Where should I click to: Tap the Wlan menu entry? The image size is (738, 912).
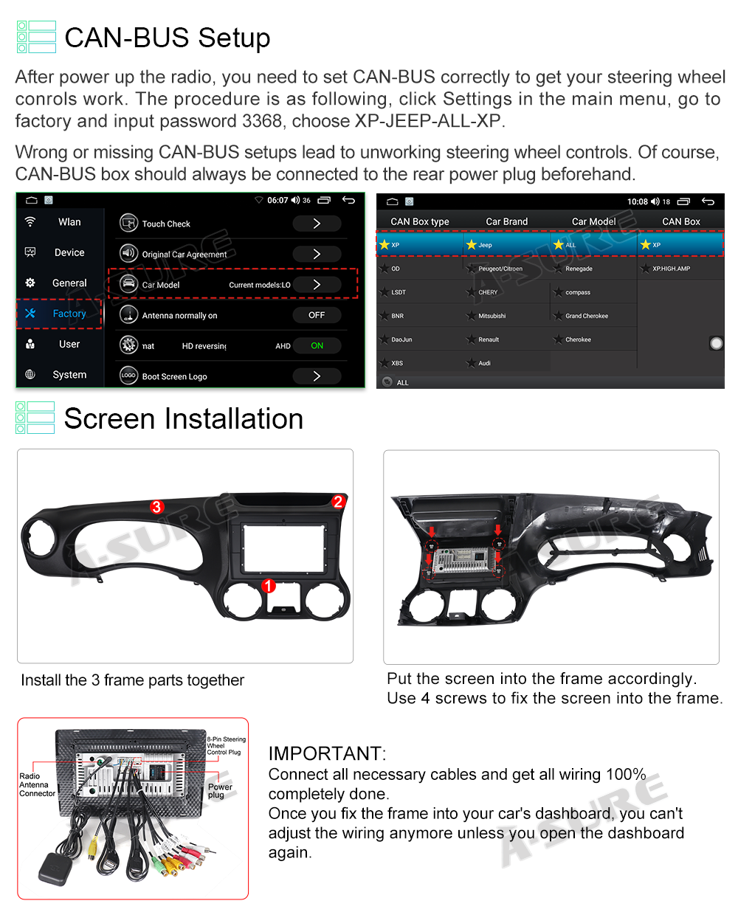click(69, 222)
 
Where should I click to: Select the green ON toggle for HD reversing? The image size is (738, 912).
click(317, 346)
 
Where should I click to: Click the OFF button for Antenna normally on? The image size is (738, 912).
click(317, 315)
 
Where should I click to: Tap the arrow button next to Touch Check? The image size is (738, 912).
click(317, 224)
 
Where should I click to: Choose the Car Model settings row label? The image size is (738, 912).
click(161, 285)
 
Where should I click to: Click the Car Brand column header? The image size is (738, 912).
click(506, 221)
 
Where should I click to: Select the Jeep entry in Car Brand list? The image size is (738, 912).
click(484, 245)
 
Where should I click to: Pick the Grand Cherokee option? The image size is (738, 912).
click(586, 316)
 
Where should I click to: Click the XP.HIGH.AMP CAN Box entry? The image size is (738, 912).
click(670, 269)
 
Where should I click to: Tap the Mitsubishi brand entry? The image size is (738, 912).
click(492, 316)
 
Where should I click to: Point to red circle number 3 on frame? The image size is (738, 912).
click(156, 507)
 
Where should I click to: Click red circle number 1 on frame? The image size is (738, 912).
click(269, 585)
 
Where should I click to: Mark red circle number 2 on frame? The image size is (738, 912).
click(338, 502)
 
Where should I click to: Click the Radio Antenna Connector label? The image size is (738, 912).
click(36, 785)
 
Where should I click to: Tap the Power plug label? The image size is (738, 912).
click(219, 791)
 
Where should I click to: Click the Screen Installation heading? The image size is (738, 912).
click(183, 419)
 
